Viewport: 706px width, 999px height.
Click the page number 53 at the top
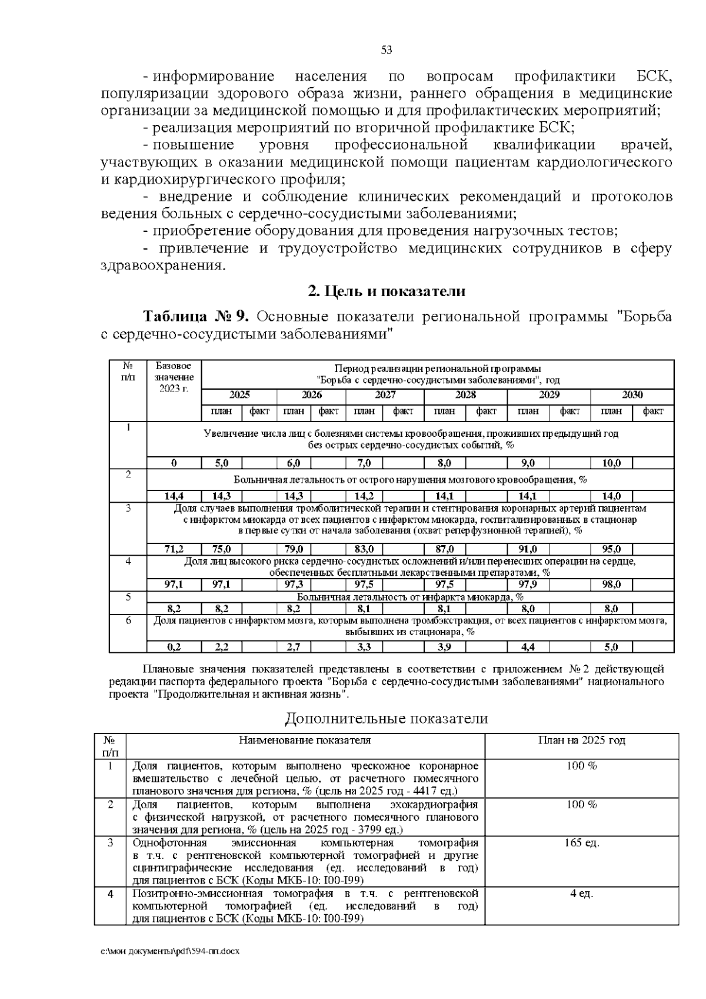(x=387, y=49)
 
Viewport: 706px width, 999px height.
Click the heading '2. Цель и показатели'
(x=387, y=291)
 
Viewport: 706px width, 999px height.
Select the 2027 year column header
(x=385, y=395)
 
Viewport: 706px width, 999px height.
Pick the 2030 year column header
(x=632, y=395)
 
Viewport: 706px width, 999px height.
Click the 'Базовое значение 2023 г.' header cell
(x=174, y=378)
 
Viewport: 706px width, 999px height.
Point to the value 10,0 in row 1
(x=611, y=463)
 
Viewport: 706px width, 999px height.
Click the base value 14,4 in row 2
(x=174, y=496)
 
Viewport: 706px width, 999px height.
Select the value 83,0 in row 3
(x=364, y=550)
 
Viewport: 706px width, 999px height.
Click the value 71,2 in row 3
(x=174, y=550)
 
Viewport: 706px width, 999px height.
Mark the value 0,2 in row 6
(x=174, y=648)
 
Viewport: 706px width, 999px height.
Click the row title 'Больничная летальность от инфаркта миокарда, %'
(x=410, y=597)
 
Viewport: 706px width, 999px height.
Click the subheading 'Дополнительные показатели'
(x=387, y=719)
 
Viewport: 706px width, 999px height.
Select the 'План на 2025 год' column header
(x=581, y=741)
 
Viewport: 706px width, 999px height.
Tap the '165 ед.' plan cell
(x=581, y=844)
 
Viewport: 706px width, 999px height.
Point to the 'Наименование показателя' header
(x=305, y=741)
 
